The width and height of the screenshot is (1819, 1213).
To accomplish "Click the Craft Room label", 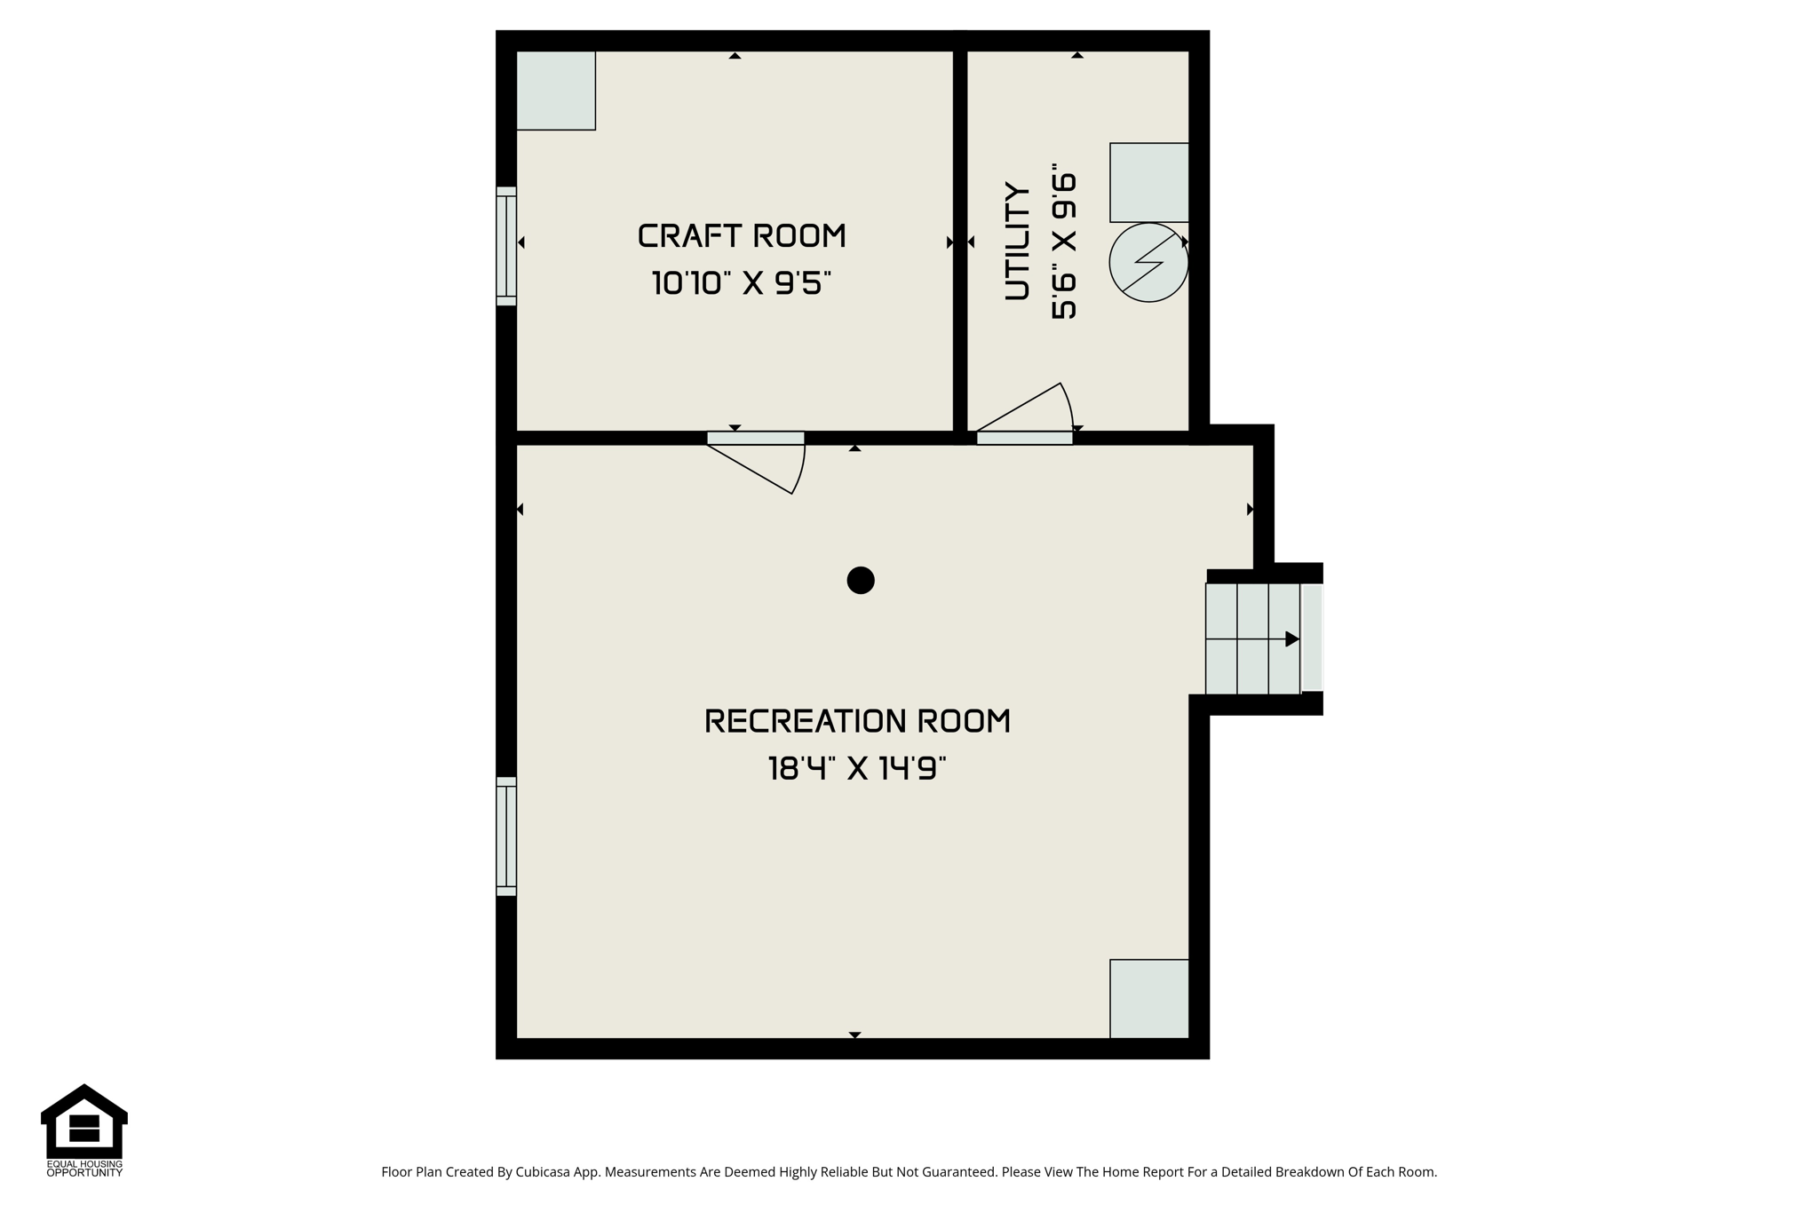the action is [x=742, y=236].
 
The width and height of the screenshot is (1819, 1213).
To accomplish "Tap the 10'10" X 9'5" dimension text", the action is [x=742, y=283].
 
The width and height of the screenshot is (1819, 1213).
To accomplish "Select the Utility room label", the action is [x=1018, y=242].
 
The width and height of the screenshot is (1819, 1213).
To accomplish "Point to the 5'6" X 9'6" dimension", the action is [x=1064, y=242].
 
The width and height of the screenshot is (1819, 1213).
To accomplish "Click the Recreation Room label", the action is [x=857, y=721].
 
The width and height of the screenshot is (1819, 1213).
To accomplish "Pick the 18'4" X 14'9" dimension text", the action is [x=857, y=768].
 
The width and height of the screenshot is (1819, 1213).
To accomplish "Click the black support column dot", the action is [x=861, y=581].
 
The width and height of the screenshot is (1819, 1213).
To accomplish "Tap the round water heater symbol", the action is [x=1148, y=263].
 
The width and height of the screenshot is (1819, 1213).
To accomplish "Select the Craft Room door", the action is [x=756, y=462].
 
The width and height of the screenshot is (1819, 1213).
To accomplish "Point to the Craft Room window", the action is [x=506, y=247].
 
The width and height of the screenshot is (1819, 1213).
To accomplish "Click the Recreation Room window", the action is [x=506, y=836].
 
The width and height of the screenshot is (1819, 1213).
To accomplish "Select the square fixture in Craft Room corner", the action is [x=556, y=91].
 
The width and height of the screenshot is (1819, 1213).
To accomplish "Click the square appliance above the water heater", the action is [x=1149, y=182].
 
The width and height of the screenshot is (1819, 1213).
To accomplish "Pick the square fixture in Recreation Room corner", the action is [x=1149, y=999].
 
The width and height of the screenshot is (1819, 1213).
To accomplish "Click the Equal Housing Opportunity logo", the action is [x=84, y=1130].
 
